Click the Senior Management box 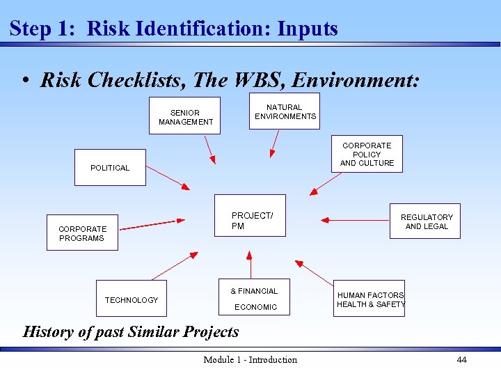(x=186, y=116)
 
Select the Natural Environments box (x=285, y=111)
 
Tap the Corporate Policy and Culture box (x=367, y=154)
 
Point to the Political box (x=110, y=167)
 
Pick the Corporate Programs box (x=83, y=233)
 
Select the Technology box (x=132, y=299)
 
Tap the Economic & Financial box (x=255, y=298)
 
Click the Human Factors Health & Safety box (x=370, y=299)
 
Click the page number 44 (x=461, y=359)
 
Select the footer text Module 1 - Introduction (x=250, y=359)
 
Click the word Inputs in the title (x=307, y=29)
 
